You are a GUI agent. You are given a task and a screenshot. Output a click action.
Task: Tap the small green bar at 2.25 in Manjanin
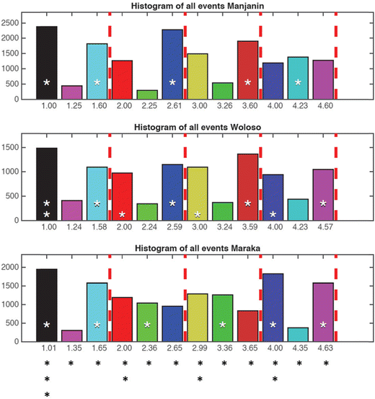click(x=147, y=95)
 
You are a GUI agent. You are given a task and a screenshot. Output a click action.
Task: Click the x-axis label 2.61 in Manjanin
click(x=172, y=107)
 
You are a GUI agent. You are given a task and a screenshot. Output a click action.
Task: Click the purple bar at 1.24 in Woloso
click(x=71, y=210)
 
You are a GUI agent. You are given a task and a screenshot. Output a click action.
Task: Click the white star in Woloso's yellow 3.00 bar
click(x=198, y=214)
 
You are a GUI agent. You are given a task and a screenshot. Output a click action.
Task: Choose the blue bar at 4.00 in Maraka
click(x=273, y=307)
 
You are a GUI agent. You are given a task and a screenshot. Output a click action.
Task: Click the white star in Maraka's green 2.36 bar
click(x=147, y=325)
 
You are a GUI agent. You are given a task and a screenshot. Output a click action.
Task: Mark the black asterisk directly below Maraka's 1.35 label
click(x=71, y=363)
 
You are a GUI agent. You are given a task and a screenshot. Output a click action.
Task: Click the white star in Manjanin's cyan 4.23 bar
click(x=298, y=82)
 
